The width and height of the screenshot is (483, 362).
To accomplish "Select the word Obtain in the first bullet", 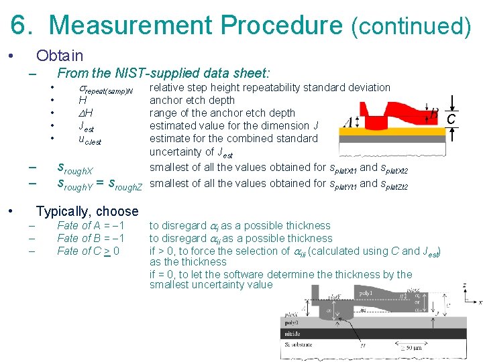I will [60, 56].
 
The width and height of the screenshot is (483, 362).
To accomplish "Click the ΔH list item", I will [86, 113].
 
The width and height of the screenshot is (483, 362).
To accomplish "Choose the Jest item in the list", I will [87, 126].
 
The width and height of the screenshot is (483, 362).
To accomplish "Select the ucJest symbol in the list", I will [89, 139].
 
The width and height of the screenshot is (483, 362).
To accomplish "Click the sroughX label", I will [75, 168].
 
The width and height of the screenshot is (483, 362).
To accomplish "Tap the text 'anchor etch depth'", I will [192, 101].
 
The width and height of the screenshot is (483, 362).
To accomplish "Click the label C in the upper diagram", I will [452, 119].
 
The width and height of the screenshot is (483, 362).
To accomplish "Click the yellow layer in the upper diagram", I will [390, 132].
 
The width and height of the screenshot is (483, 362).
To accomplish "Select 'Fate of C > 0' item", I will [89, 251].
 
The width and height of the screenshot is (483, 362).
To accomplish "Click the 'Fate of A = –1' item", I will [91, 225].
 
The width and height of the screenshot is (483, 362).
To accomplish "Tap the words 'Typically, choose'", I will [87, 211].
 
